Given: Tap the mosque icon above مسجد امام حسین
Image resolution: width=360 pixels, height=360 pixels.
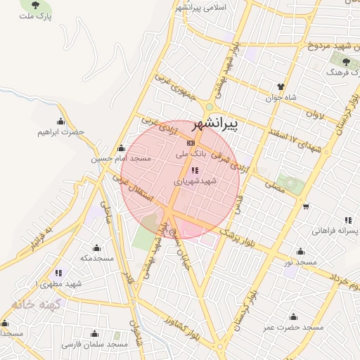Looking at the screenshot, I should [120, 149].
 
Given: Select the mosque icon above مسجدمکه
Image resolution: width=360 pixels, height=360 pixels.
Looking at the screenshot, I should [96, 248].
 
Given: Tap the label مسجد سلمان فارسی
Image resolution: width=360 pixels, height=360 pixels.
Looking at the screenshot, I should [94, 345].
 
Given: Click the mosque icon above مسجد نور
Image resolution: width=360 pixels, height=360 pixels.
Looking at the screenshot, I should [302, 252].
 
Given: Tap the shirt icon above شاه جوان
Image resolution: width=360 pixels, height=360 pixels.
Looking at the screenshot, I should [281, 89].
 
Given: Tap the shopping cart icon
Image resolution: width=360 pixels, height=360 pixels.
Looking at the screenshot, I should [307, 206].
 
